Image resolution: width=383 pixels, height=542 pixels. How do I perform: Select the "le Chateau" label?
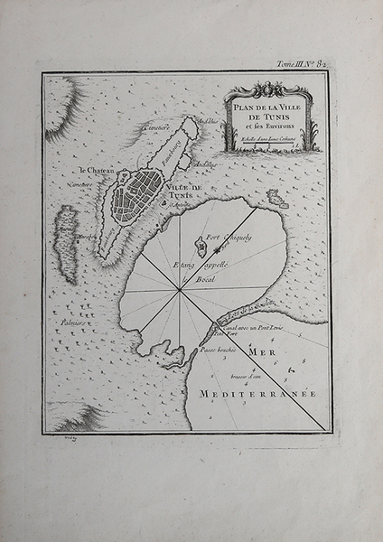point(95,170)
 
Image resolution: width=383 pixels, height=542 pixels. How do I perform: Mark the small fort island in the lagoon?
point(200,244)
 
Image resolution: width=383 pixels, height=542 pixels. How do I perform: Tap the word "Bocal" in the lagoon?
point(196,281)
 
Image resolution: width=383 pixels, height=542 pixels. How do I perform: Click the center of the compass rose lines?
point(182,291)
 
